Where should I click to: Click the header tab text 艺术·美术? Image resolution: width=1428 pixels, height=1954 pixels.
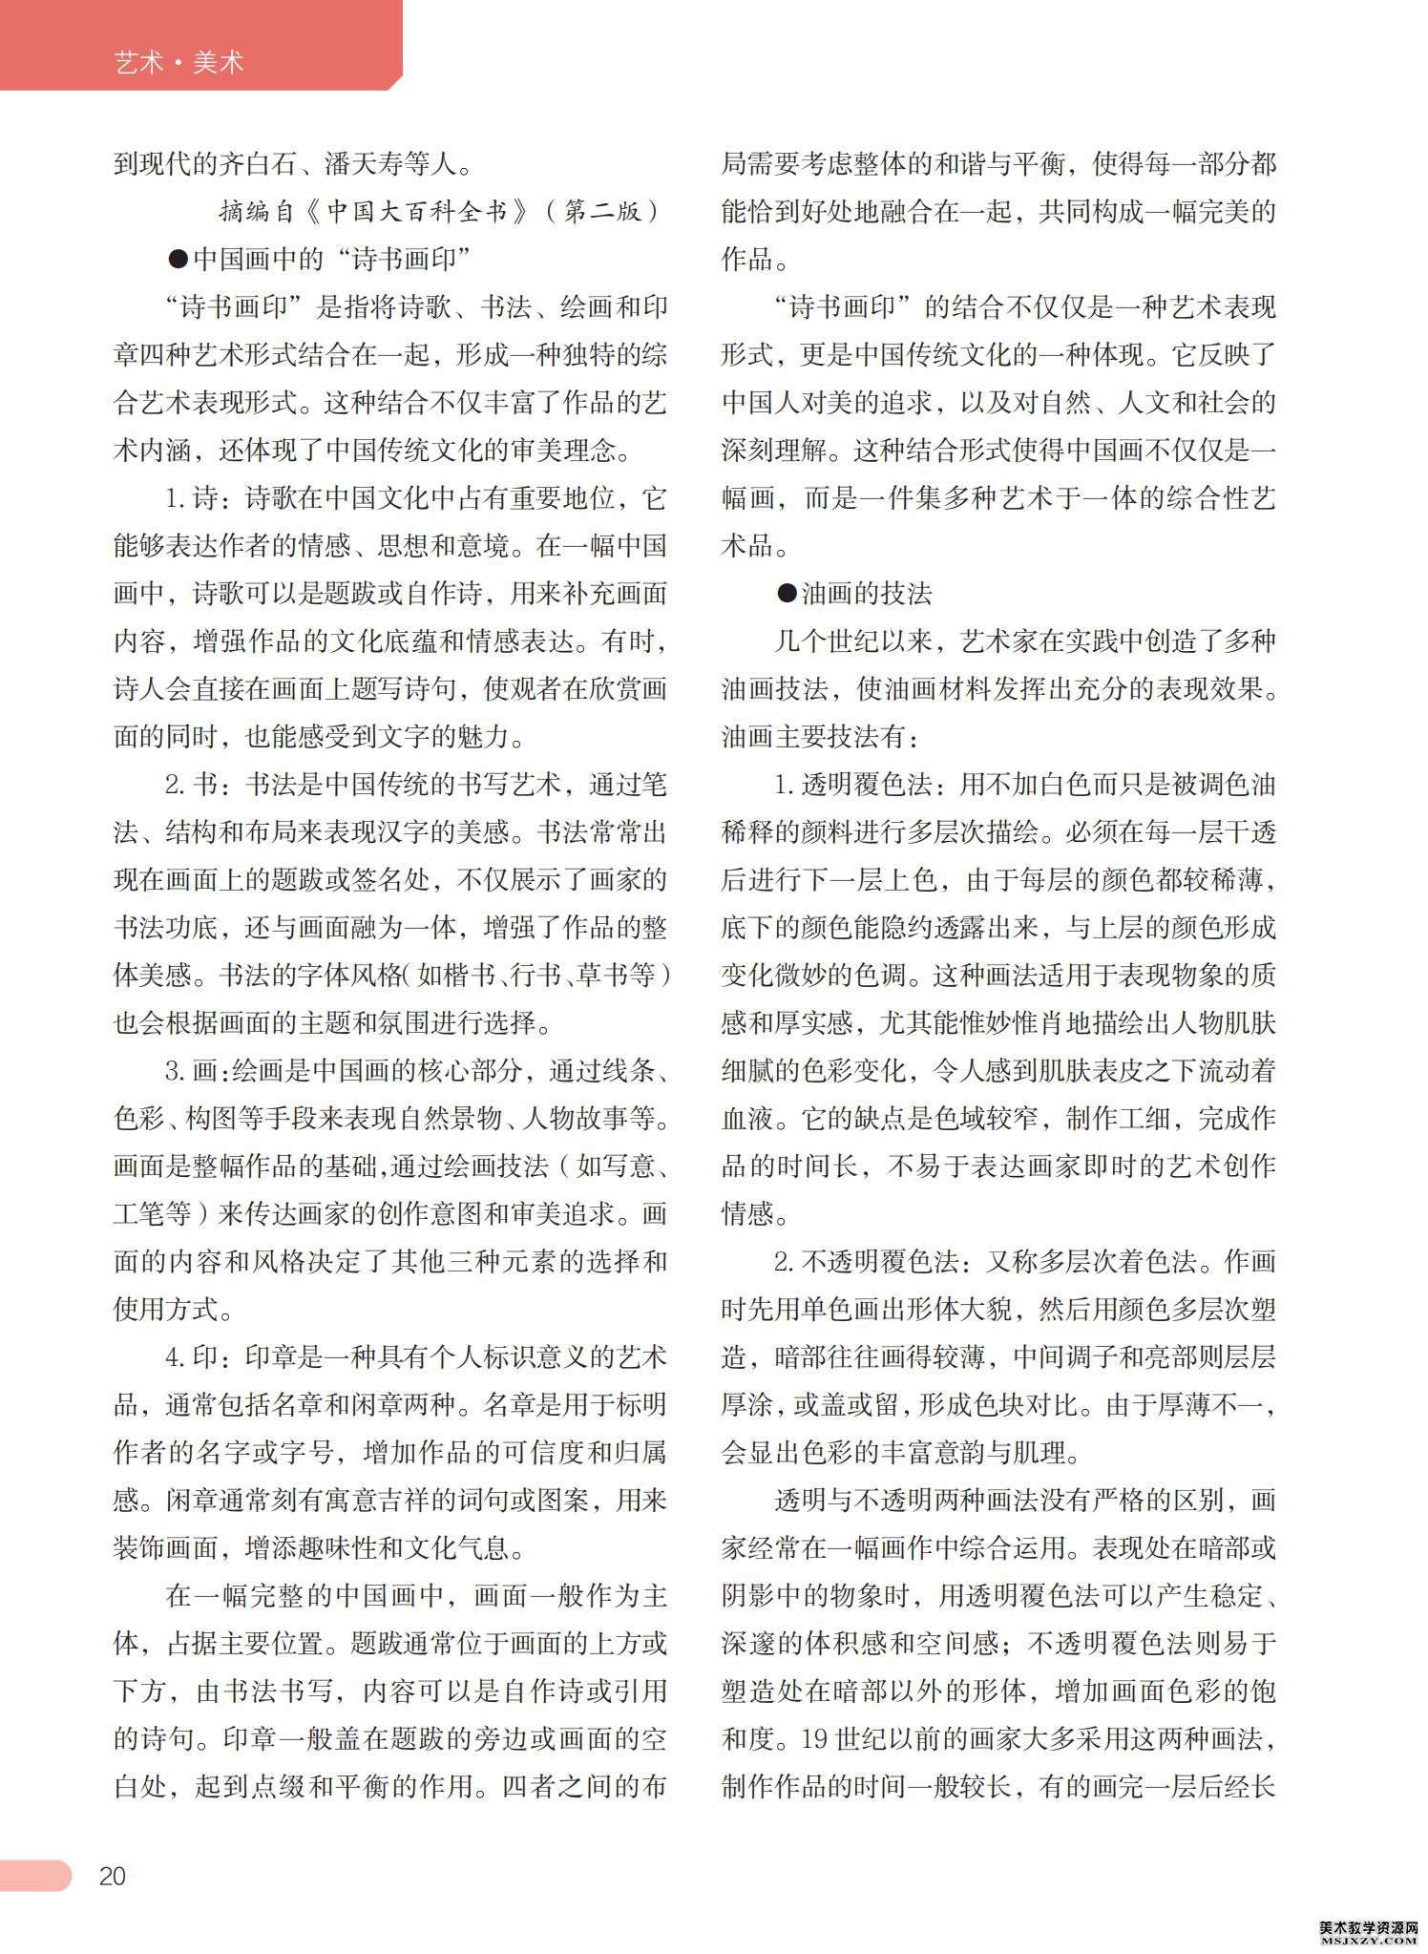[x=178, y=63]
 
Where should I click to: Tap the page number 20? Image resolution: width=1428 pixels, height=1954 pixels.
[x=112, y=1876]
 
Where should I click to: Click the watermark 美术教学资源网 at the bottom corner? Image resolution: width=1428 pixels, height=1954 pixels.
[x=1371, y=1926]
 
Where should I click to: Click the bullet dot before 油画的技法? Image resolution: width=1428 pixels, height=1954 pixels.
[x=787, y=594]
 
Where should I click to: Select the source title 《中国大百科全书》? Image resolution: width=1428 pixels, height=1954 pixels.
[x=418, y=211]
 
